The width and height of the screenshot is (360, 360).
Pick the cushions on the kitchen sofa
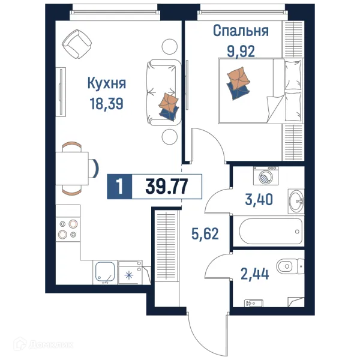click(169, 107)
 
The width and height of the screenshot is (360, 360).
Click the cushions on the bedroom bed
click(238, 82)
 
